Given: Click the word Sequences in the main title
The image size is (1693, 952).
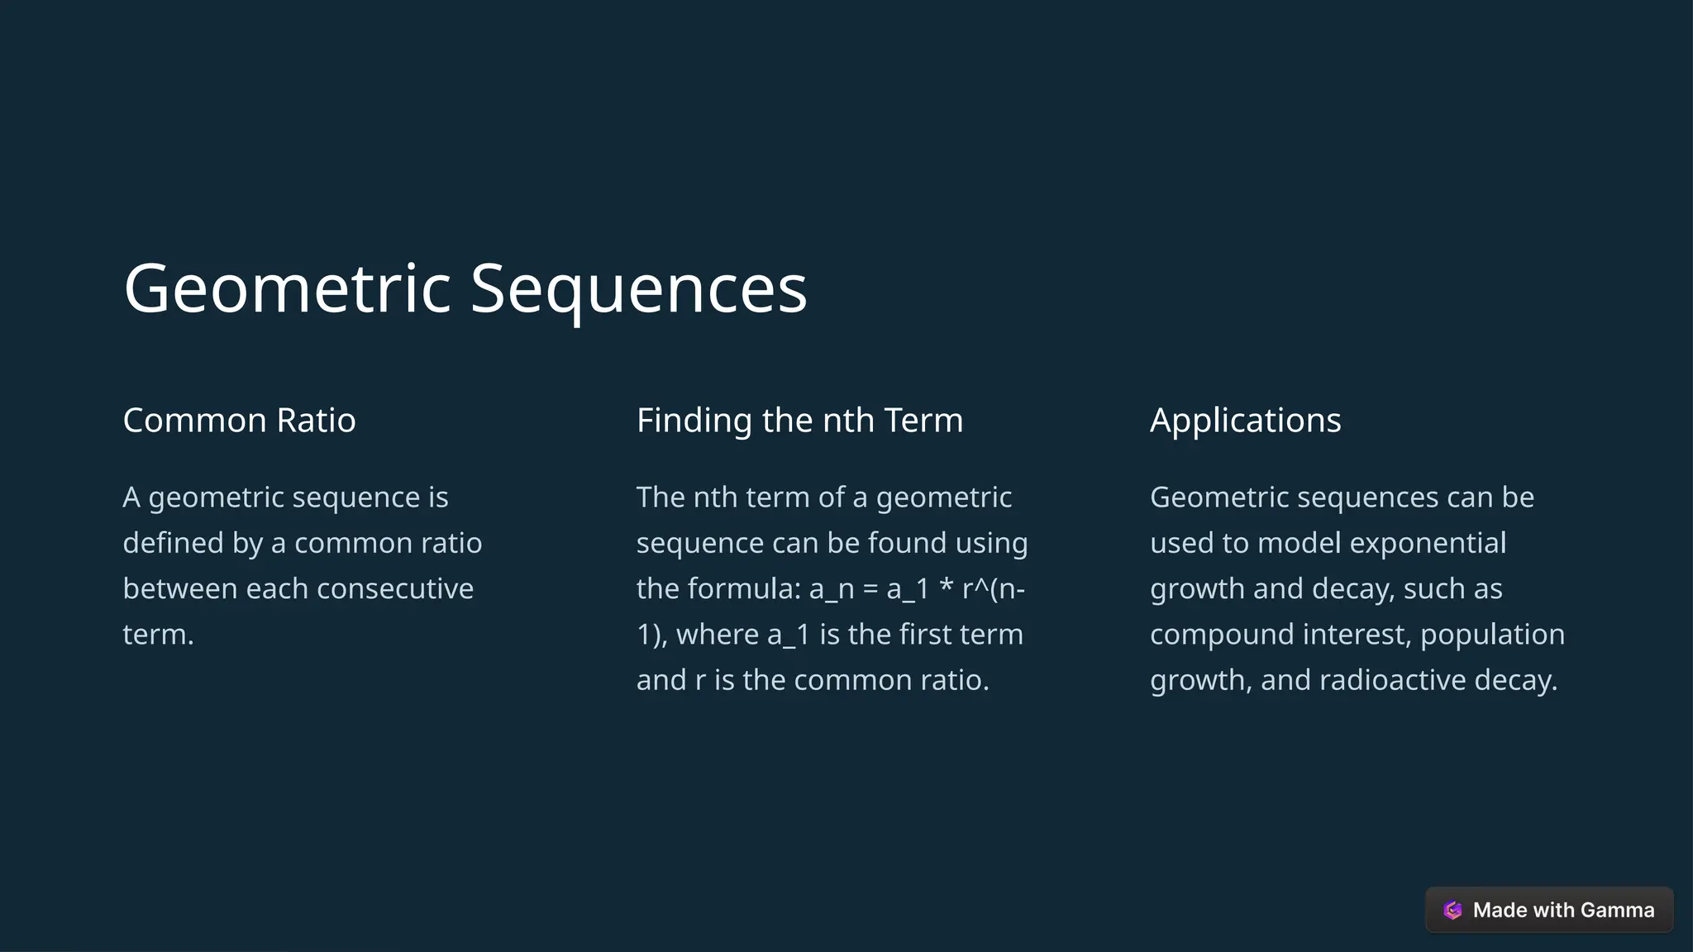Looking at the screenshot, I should [638, 289].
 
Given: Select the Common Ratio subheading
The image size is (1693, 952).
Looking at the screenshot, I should [239, 421].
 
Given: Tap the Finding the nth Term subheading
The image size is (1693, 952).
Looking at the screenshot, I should [799, 421].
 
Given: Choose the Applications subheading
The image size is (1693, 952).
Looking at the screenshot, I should [1245, 421].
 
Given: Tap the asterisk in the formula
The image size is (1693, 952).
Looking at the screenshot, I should [947, 588].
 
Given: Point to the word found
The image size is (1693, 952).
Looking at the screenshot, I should [907, 544].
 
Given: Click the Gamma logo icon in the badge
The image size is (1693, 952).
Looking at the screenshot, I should [1452, 910].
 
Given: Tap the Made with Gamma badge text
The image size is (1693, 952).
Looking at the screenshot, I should [1563, 910].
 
